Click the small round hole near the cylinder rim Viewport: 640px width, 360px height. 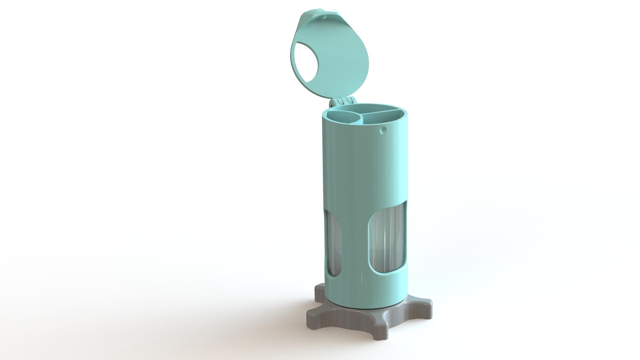[383, 129]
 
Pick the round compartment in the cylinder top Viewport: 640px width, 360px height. [343, 117]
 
